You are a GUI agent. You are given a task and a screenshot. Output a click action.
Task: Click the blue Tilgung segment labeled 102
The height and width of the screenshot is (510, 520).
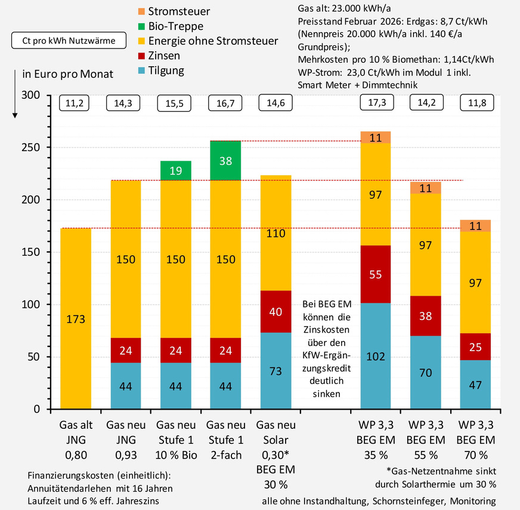click(375, 356)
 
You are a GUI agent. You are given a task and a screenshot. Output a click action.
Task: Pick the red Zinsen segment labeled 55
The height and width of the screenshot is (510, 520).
click(375, 275)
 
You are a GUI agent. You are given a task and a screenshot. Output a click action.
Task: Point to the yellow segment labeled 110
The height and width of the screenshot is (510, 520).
click(275, 234)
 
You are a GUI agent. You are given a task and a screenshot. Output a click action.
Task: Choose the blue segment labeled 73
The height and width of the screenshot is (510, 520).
click(275, 371)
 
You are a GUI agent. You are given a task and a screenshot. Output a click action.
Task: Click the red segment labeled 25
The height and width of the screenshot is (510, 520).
click(475, 347)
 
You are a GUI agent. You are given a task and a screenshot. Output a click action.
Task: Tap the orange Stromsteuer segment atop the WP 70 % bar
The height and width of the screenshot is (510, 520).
click(475, 226)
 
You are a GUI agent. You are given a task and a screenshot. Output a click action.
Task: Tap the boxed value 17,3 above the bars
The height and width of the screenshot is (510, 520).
click(375, 103)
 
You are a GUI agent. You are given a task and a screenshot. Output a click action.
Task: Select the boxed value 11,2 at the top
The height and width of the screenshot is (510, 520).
click(75, 103)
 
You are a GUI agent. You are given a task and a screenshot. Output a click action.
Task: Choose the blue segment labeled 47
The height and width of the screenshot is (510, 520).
click(475, 385)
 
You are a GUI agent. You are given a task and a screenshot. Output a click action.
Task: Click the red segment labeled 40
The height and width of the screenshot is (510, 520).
click(275, 312)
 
